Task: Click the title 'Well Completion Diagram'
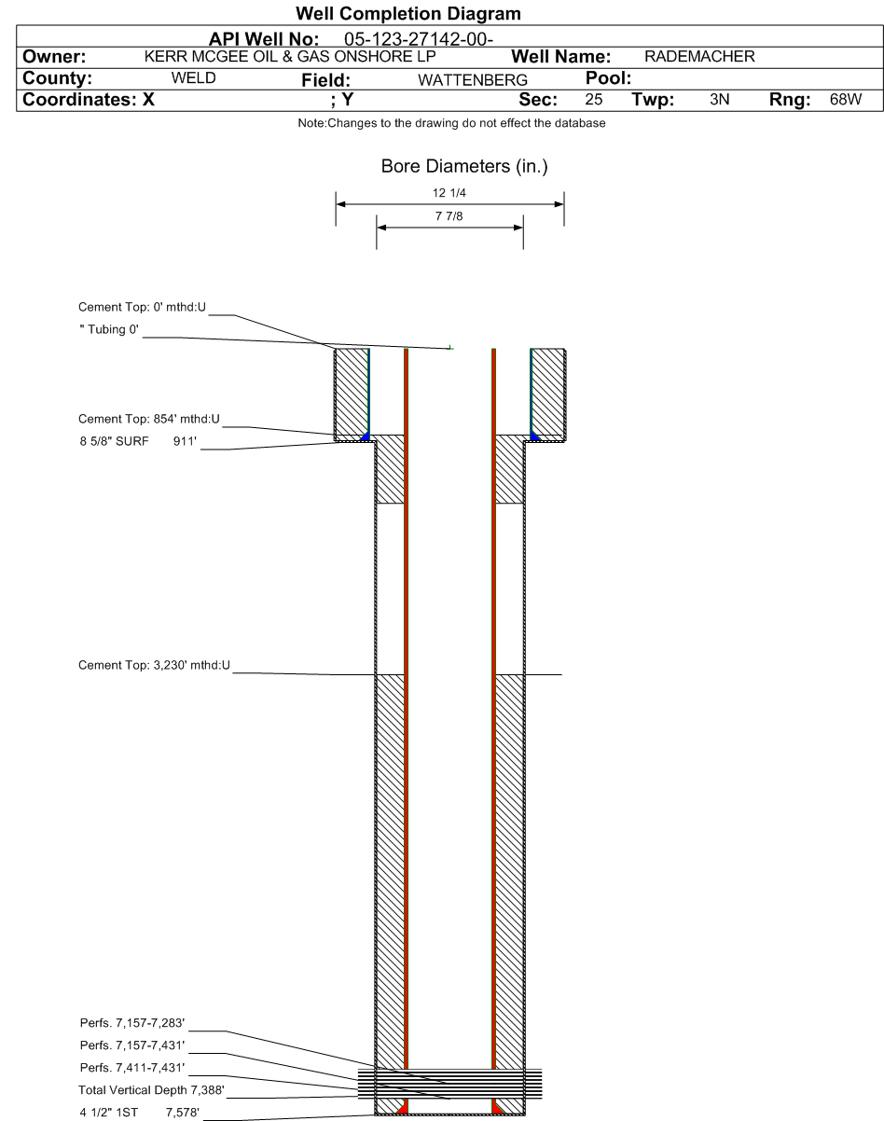407,14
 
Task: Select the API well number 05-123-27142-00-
419,39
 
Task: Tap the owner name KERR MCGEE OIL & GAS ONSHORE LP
290,56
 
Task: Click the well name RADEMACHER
699,56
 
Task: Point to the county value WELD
193,78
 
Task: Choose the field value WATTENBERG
473,80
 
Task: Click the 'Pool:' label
608,78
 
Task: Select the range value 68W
846,100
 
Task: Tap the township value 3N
719,100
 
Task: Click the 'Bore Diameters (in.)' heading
464,166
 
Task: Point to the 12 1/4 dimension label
449,193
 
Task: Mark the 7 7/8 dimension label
449,216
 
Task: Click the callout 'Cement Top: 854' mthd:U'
149,419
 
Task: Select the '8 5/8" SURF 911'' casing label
138,441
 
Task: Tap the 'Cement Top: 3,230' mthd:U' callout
154,665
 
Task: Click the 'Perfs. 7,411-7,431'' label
132,1068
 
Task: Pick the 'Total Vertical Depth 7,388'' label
151,1090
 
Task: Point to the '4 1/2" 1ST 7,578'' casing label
139,1113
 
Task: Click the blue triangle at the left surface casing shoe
366,436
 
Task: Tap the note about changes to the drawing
451,123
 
